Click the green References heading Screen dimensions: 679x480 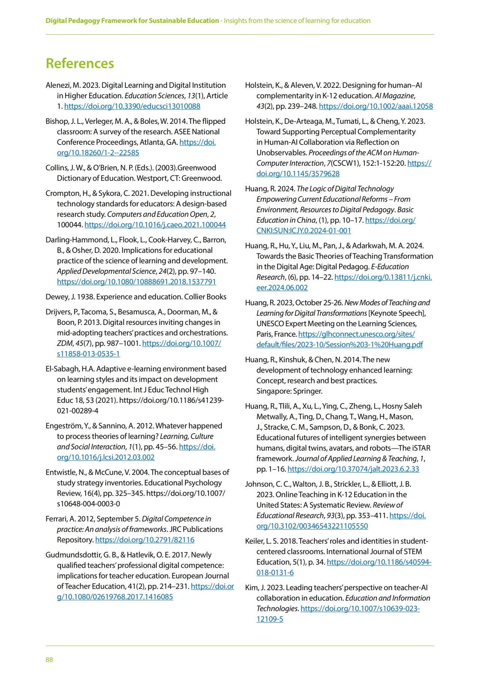[x=79, y=63]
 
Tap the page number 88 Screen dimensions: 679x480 [x=49, y=659]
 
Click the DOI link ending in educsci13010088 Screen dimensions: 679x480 [x=132, y=106]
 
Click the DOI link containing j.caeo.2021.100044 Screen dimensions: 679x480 [x=155, y=225]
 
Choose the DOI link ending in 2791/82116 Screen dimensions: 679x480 [x=145, y=540]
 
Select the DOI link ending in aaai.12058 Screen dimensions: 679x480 [x=376, y=106]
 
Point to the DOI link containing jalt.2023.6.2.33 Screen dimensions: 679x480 [x=353, y=469]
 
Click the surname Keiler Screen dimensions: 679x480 [x=254, y=541]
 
